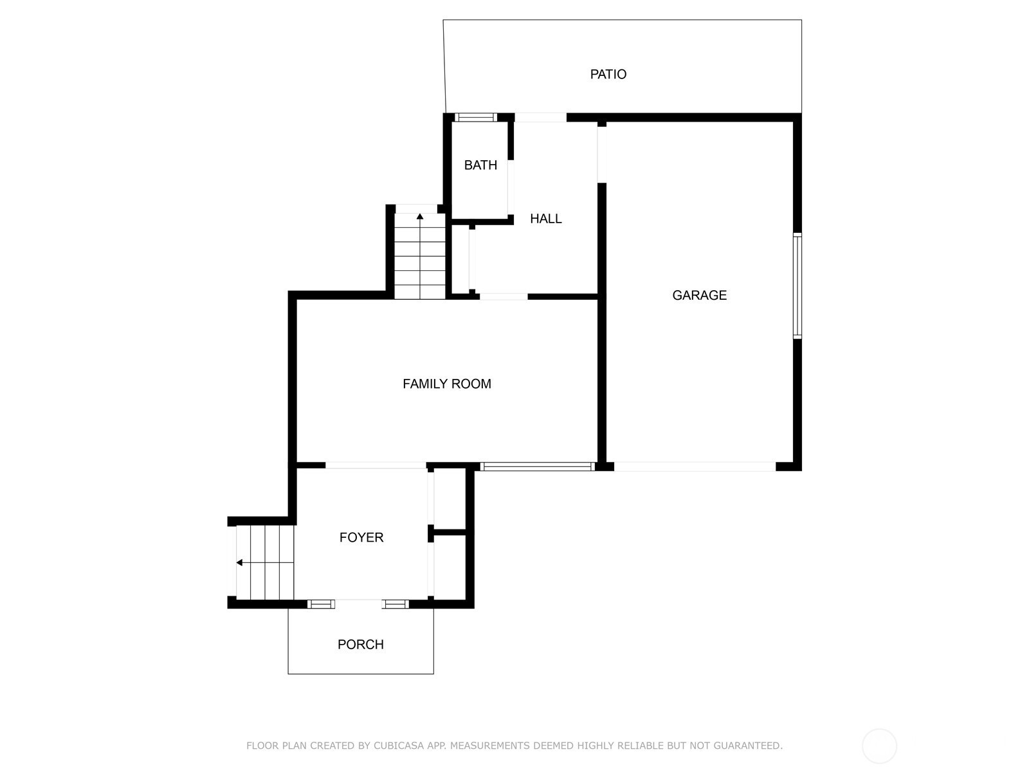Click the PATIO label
[x=608, y=74]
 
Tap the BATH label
[x=480, y=165]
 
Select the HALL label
[x=545, y=219]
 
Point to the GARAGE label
[x=699, y=295]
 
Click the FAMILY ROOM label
[x=446, y=384]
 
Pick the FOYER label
[x=361, y=537]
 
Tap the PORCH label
[x=360, y=645]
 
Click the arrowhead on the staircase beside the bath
[x=419, y=216]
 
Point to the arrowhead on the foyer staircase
[x=239, y=562]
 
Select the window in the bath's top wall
[x=475, y=117]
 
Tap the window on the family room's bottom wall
[x=537, y=466]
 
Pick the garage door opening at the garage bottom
[x=695, y=466]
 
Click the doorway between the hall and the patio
[x=540, y=117]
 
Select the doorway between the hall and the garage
[x=601, y=154]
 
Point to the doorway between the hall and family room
[x=504, y=296]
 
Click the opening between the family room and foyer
[x=376, y=465]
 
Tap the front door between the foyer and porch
[x=358, y=603]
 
